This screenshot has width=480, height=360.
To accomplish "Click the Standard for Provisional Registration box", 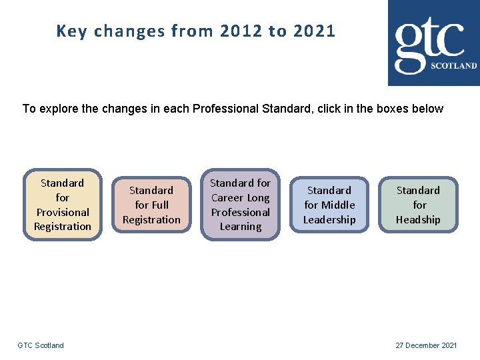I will [63, 204].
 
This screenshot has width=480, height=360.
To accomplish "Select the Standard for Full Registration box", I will [151, 205].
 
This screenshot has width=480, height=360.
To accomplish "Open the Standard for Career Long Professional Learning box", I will [240, 204].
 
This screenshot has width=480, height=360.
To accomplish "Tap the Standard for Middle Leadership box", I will [329, 205].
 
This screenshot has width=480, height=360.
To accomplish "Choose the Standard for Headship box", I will [418, 205].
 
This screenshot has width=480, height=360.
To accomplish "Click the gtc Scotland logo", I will [433, 43].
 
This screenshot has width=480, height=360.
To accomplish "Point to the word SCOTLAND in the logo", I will [454, 66].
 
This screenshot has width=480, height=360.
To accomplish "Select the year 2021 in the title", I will [314, 31].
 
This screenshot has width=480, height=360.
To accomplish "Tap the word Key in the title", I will [71, 31].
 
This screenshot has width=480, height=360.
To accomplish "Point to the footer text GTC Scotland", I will [41, 345].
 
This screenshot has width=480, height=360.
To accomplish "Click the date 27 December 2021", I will [426, 345].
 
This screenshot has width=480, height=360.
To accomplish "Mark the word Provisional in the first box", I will [63, 212].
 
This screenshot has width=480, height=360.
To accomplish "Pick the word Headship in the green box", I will [418, 219].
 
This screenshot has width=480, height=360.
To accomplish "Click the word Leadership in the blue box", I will [329, 219].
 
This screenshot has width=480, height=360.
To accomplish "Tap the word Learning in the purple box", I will [240, 227].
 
